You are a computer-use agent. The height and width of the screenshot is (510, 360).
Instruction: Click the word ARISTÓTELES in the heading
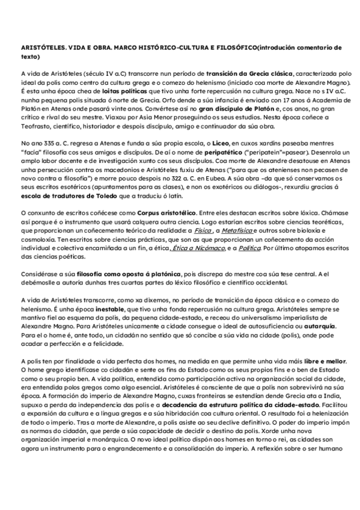pos(41,46)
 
